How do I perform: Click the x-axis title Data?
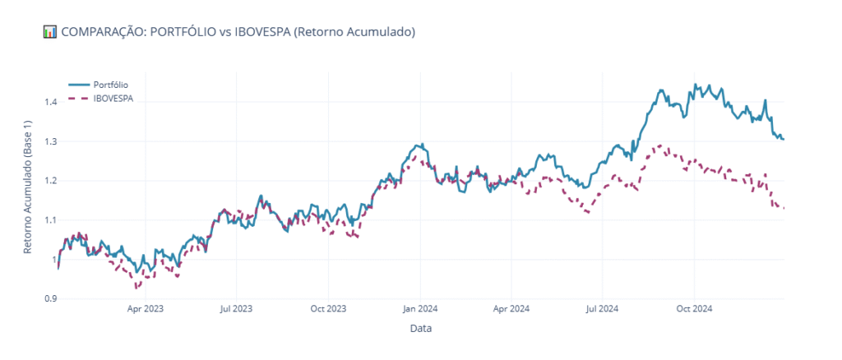420,329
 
